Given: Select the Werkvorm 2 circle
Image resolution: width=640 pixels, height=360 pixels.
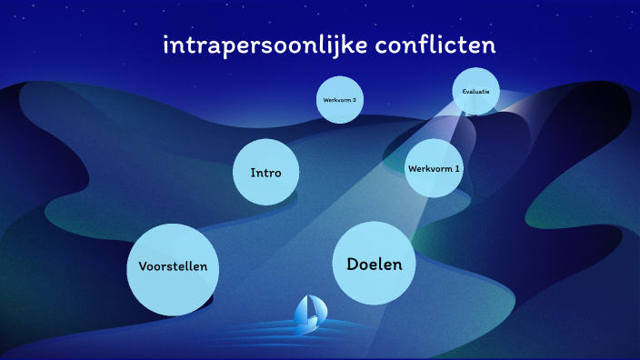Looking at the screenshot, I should pyautogui.click(x=340, y=99).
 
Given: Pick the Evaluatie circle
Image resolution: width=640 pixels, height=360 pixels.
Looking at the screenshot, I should pyautogui.click(x=476, y=91).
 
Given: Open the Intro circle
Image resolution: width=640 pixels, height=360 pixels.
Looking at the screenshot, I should pyautogui.click(x=265, y=172).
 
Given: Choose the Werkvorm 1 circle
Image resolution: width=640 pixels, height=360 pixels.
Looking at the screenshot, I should pyautogui.click(x=434, y=168).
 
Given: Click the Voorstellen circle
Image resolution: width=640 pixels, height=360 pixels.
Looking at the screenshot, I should pyautogui.click(x=174, y=267).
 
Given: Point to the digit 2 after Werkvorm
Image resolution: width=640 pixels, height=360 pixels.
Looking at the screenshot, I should pyautogui.click(x=355, y=99).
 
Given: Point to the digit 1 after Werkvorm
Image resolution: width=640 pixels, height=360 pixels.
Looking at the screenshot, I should pyautogui.click(x=457, y=168).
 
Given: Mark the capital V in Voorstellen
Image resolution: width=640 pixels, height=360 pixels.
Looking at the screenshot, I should pyautogui.click(x=143, y=267).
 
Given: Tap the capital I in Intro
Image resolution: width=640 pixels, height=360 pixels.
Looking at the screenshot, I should pyautogui.click(x=253, y=172).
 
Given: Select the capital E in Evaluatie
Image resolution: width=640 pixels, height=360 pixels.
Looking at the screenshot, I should pyautogui.click(x=465, y=91).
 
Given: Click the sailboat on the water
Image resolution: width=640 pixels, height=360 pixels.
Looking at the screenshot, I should pyautogui.click(x=308, y=314).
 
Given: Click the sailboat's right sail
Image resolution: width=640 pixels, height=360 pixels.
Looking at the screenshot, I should pyautogui.click(x=315, y=309).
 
